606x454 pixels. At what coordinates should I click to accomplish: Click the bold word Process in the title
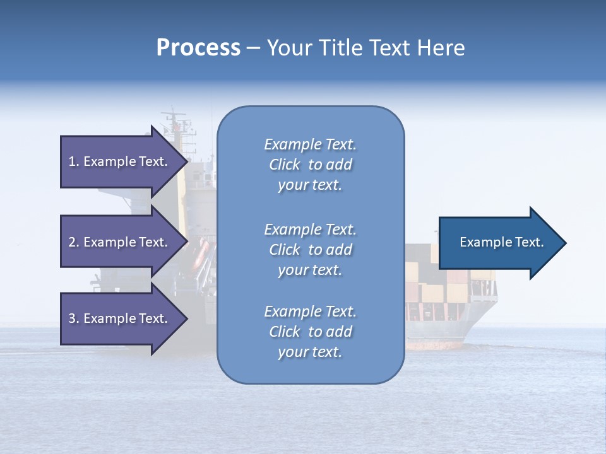[198, 48]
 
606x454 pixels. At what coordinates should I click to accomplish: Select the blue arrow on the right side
[499, 243]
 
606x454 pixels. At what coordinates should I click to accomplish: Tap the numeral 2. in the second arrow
[74, 242]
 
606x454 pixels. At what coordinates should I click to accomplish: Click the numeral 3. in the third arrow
[74, 318]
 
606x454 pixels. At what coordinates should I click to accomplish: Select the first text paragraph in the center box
[310, 165]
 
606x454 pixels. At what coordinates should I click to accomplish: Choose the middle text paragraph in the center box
[310, 250]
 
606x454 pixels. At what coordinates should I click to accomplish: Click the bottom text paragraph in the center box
[310, 332]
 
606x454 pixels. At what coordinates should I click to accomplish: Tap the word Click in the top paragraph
[285, 165]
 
